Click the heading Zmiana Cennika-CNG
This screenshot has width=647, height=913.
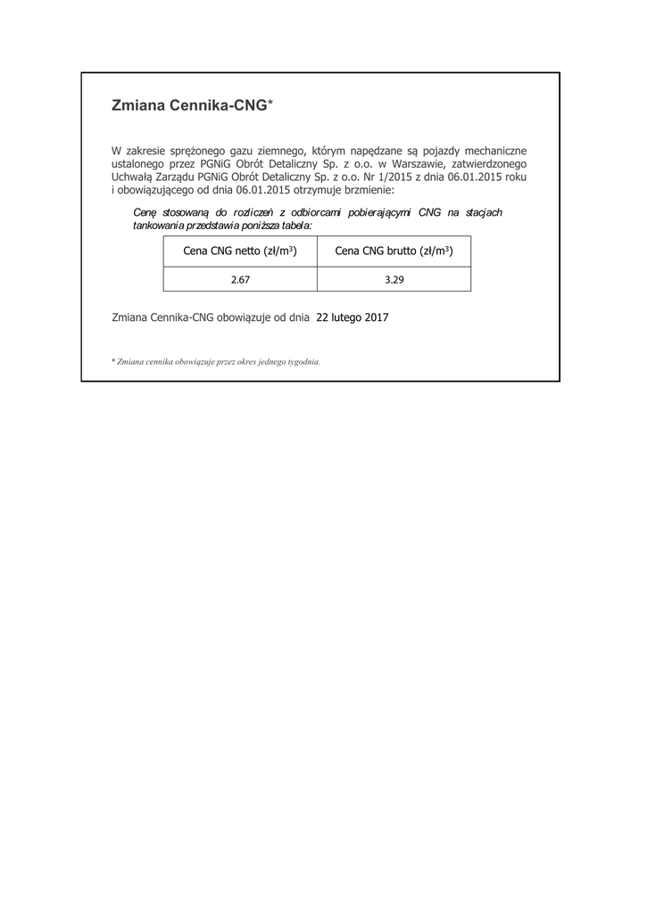(x=189, y=105)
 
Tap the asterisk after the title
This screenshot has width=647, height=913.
(x=270, y=103)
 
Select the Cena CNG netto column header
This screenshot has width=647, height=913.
(x=239, y=251)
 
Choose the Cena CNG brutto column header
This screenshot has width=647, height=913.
(x=394, y=251)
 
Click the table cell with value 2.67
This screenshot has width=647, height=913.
(x=239, y=279)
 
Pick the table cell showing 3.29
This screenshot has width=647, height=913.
(x=394, y=279)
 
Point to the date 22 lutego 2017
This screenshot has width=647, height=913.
(x=353, y=317)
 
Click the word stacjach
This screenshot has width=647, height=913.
(x=484, y=212)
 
